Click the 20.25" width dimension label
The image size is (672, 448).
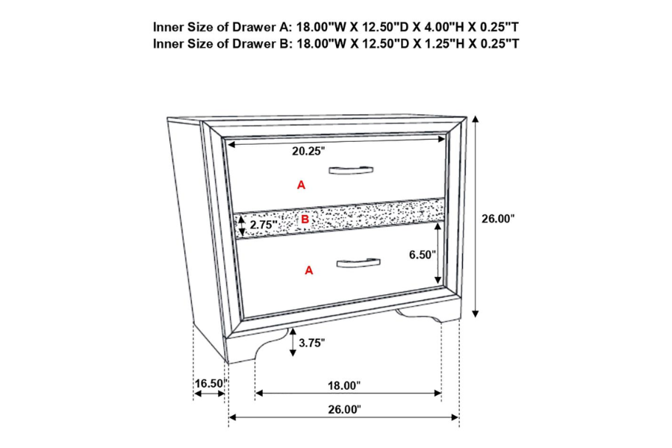pos(308,152)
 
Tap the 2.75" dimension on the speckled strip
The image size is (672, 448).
pos(264,225)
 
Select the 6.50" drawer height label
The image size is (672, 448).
pos(422,255)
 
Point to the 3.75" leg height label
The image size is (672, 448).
pos(311,343)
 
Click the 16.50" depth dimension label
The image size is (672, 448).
pos(210,383)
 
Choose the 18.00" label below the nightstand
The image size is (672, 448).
pos(344,386)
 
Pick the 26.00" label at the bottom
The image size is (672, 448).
pos(344,410)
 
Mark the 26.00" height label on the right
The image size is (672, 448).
pos(497,219)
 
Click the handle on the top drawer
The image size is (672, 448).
pos(351,170)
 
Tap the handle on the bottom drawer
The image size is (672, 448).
pos(358,263)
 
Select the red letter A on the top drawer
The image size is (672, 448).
pos(302,185)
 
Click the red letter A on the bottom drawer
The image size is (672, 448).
pos(309,270)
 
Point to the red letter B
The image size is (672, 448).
pos(305,220)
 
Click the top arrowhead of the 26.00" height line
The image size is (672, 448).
pos(476,119)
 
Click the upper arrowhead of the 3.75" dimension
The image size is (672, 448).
pos(293,332)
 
